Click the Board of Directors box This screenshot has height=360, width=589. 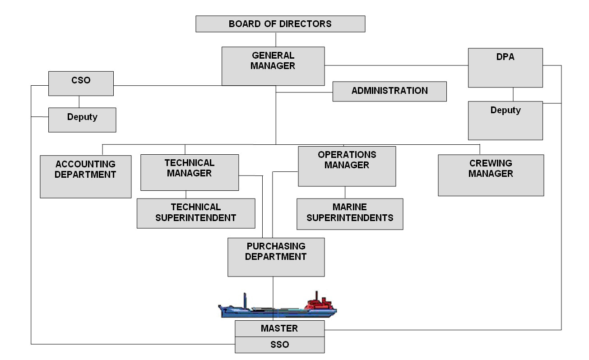pos(280,24)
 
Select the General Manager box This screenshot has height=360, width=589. pos(273,66)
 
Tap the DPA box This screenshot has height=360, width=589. pos(505,68)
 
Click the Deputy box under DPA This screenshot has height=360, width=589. pos(505,120)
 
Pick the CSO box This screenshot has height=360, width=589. pos(81,83)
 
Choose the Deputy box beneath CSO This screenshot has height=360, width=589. pos(82,120)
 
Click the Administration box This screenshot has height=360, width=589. pos(390,91)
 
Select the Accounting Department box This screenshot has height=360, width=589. pos(85,176)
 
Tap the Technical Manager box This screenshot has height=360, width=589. pos(189,172)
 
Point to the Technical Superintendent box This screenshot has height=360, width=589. pos(195,213)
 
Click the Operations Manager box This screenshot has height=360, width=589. pos(347,166)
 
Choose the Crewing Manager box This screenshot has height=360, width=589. pos(491,175)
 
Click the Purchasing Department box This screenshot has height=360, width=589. pos(276,257)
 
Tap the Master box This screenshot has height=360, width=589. pos(279,328)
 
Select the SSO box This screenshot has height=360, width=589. pos(279,345)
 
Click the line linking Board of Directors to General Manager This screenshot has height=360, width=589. pos(276,39)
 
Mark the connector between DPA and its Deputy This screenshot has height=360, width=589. pos(513,94)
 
